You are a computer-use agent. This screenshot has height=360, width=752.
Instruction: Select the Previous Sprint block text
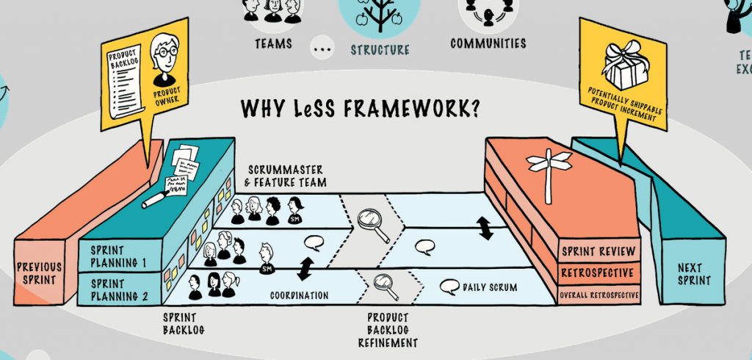click(x=40, y=273)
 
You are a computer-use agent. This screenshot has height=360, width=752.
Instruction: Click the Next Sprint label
click(x=690, y=273)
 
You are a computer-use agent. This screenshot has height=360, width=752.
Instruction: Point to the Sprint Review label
click(x=598, y=252)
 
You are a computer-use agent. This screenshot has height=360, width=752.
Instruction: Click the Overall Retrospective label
click(x=599, y=295)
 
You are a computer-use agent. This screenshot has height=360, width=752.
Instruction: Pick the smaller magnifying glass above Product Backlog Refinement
click(x=385, y=285)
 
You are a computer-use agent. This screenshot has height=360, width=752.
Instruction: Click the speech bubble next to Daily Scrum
click(x=449, y=287)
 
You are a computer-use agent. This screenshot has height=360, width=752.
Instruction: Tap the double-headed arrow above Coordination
click(x=305, y=268)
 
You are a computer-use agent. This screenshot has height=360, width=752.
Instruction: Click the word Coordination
click(x=298, y=296)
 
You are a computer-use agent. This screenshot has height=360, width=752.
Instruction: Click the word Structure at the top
click(x=380, y=50)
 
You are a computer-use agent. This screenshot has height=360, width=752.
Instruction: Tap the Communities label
click(x=488, y=43)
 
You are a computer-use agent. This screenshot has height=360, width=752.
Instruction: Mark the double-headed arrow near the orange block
click(x=485, y=227)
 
